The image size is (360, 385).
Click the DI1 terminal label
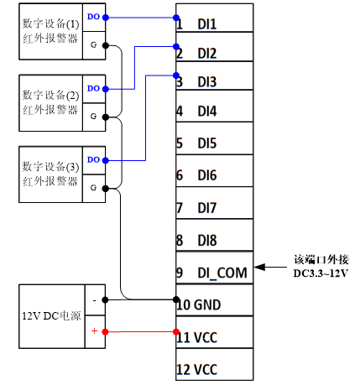coord(207,24)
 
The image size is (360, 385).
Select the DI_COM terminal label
coord(222,273)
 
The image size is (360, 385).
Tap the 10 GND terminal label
coord(199,304)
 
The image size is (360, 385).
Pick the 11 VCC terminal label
coord(197,337)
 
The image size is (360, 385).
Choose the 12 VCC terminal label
coord(197,370)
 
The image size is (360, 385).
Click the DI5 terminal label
coord(207,143)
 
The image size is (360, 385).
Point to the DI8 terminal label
coord(207,241)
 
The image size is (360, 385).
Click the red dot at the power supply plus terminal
coord(105,332)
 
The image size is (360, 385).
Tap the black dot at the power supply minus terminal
coord(105,300)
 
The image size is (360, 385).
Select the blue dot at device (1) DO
coord(106,18)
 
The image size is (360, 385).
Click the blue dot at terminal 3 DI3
coord(176,75)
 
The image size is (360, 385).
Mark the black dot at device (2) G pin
coord(106,117)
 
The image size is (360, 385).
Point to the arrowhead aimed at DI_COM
coord(259,267)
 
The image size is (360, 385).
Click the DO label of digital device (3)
coord(93,160)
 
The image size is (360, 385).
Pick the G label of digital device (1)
coord(94,44)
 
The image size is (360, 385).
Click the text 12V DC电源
coord(51,316)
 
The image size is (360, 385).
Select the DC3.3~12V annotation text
coord(321,273)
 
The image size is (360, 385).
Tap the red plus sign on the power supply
coord(94,331)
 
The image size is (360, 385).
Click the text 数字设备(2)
coord(50,96)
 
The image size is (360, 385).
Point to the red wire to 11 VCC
coord(141,332)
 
